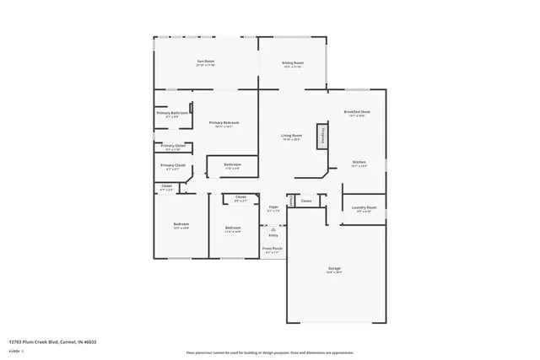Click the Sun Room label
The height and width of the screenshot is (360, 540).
206,62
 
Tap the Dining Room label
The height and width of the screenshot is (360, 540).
293,62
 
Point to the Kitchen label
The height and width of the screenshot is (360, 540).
359,162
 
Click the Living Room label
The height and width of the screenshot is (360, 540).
291,136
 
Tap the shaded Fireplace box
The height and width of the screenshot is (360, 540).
321,136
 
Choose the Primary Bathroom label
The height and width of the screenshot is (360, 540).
172,113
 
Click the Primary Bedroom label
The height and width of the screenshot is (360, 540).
224,123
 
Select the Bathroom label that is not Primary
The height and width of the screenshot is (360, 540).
232,164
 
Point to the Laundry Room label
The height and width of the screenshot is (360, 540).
364,208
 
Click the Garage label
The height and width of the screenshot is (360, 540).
335,268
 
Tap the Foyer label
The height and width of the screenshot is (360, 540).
273,207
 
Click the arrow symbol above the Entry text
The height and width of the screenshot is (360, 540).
273,228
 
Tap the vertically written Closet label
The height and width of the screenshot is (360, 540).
290,201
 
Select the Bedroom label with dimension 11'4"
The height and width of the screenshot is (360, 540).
233,228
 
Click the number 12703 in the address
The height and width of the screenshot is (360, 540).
15,342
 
